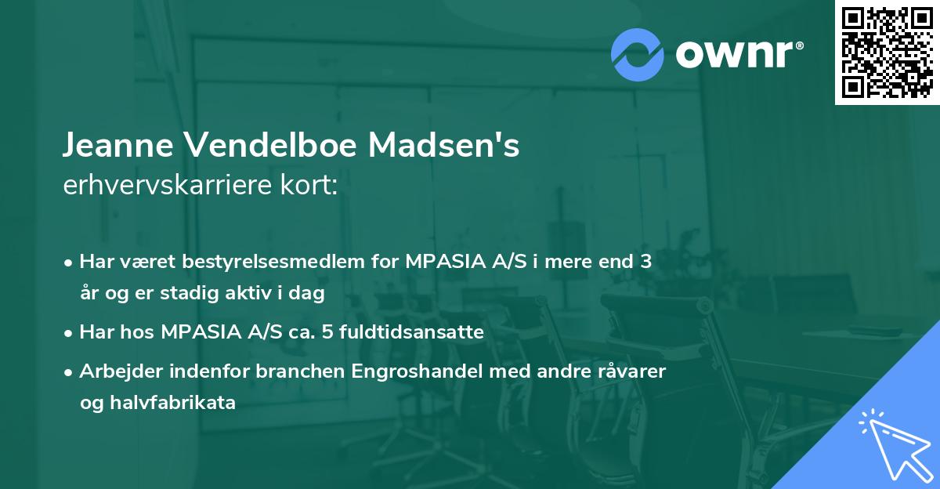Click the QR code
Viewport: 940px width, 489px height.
pyautogui.click(x=888, y=52)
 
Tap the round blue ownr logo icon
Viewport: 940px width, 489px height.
pyautogui.click(x=637, y=55)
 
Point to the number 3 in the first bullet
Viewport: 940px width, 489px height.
pyautogui.click(x=645, y=262)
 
